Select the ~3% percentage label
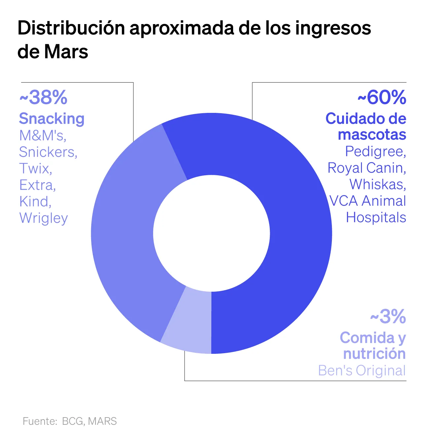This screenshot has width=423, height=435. click(388, 317)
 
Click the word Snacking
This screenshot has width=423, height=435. click(52, 118)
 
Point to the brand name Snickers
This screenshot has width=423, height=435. click(48, 152)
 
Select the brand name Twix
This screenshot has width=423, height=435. click(35, 168)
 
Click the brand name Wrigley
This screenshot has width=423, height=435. click(44, 218)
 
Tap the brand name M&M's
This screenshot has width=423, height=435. click(43, 135)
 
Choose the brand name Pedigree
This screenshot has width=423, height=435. click(375, 151)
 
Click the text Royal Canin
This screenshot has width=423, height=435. click(367, 168)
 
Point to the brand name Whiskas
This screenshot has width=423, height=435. click(377, 184)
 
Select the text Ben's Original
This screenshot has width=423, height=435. click(362, 371)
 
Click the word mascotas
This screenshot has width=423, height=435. click(372, 135)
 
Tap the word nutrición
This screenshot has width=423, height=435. click(374, 353)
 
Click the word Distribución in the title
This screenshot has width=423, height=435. click(71, 28)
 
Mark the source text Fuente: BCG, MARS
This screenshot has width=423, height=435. click(70, 421)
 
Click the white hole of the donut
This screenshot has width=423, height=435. click(211, 233)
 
